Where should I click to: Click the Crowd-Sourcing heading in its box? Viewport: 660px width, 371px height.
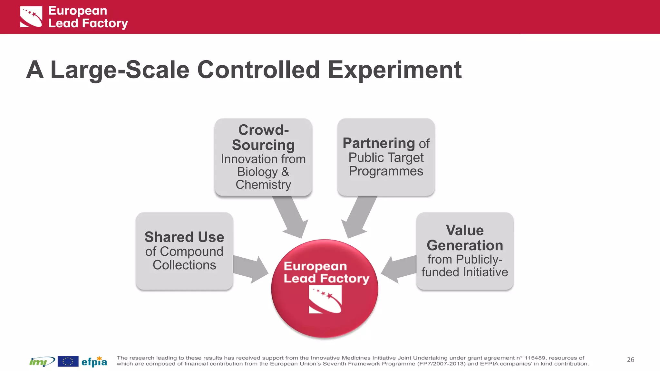coord(263,138)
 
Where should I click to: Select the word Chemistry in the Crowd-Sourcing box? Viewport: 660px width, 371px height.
coord(263,185)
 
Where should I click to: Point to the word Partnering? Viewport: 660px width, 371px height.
coord(379,143)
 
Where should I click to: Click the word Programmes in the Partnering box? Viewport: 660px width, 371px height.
coord(386,171)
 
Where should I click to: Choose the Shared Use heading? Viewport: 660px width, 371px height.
coord(184,237)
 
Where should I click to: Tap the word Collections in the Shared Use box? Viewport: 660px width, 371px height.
coord(184,265)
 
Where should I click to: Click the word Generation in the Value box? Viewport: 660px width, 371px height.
coord(465,246)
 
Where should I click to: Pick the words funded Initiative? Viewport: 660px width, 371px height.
coord(465,272)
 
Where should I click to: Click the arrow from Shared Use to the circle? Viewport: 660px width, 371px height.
coord(250,269)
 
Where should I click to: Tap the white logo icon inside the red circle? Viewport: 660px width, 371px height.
coord(325,300)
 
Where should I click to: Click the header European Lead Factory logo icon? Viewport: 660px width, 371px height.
coord(31,17)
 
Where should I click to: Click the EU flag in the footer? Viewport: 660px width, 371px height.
coord(68,361)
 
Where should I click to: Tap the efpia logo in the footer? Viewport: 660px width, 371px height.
coord(94,362)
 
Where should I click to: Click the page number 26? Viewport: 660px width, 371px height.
coord(630,360)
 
